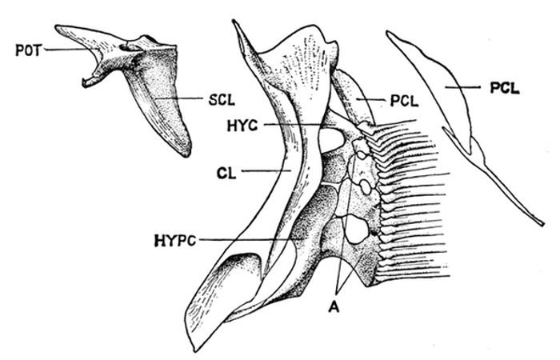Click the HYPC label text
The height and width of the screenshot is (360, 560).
[x=175, y=238]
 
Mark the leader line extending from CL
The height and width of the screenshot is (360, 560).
[x=264, y=170]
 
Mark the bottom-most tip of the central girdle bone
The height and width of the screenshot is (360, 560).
[x=193, y=349]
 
